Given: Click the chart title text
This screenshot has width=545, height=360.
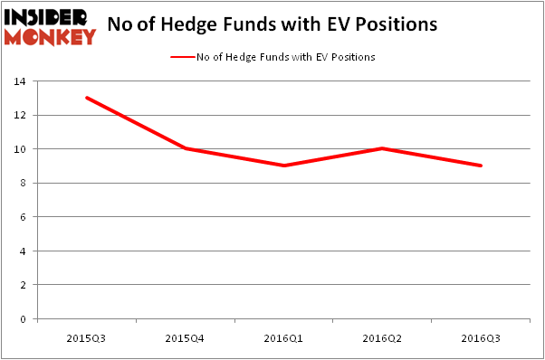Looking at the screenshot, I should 272,25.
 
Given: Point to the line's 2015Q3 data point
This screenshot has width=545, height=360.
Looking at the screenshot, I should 87,98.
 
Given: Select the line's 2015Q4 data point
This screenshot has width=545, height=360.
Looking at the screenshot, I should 186,148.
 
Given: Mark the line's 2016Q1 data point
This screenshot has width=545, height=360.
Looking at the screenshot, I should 284,166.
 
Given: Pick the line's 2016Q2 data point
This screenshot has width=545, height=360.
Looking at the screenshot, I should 383,148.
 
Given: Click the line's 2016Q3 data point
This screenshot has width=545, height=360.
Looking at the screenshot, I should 481,166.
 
